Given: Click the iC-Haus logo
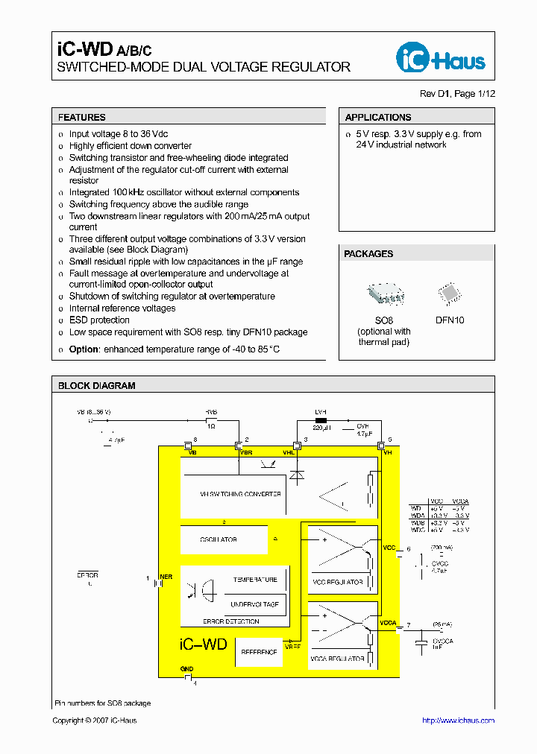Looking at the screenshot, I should (442, 58).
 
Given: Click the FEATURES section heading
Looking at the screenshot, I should (82, 117).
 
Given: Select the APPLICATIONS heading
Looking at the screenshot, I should (378, 117).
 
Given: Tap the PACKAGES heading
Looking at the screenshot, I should (368, 254).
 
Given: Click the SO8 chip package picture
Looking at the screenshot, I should (384, 294).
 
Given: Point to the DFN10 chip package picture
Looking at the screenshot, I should (449, 293).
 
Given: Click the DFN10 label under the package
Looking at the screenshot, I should (450, 320).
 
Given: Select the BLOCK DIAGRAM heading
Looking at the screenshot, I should (97, 386).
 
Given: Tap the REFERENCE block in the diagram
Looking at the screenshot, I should (259, 652).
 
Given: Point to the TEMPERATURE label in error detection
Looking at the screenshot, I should (255, 580).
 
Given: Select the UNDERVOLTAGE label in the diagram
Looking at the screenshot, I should (255, 604).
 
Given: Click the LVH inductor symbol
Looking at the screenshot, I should (321, 420).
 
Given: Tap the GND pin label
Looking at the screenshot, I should (186, 669).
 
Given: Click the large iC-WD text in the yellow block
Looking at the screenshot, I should (203, 644).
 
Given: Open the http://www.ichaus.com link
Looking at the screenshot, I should (458, 720).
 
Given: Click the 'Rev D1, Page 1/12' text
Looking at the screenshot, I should (457, 94).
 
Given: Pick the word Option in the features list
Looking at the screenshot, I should (84, 349).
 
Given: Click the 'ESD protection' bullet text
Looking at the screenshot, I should (99, 320).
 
